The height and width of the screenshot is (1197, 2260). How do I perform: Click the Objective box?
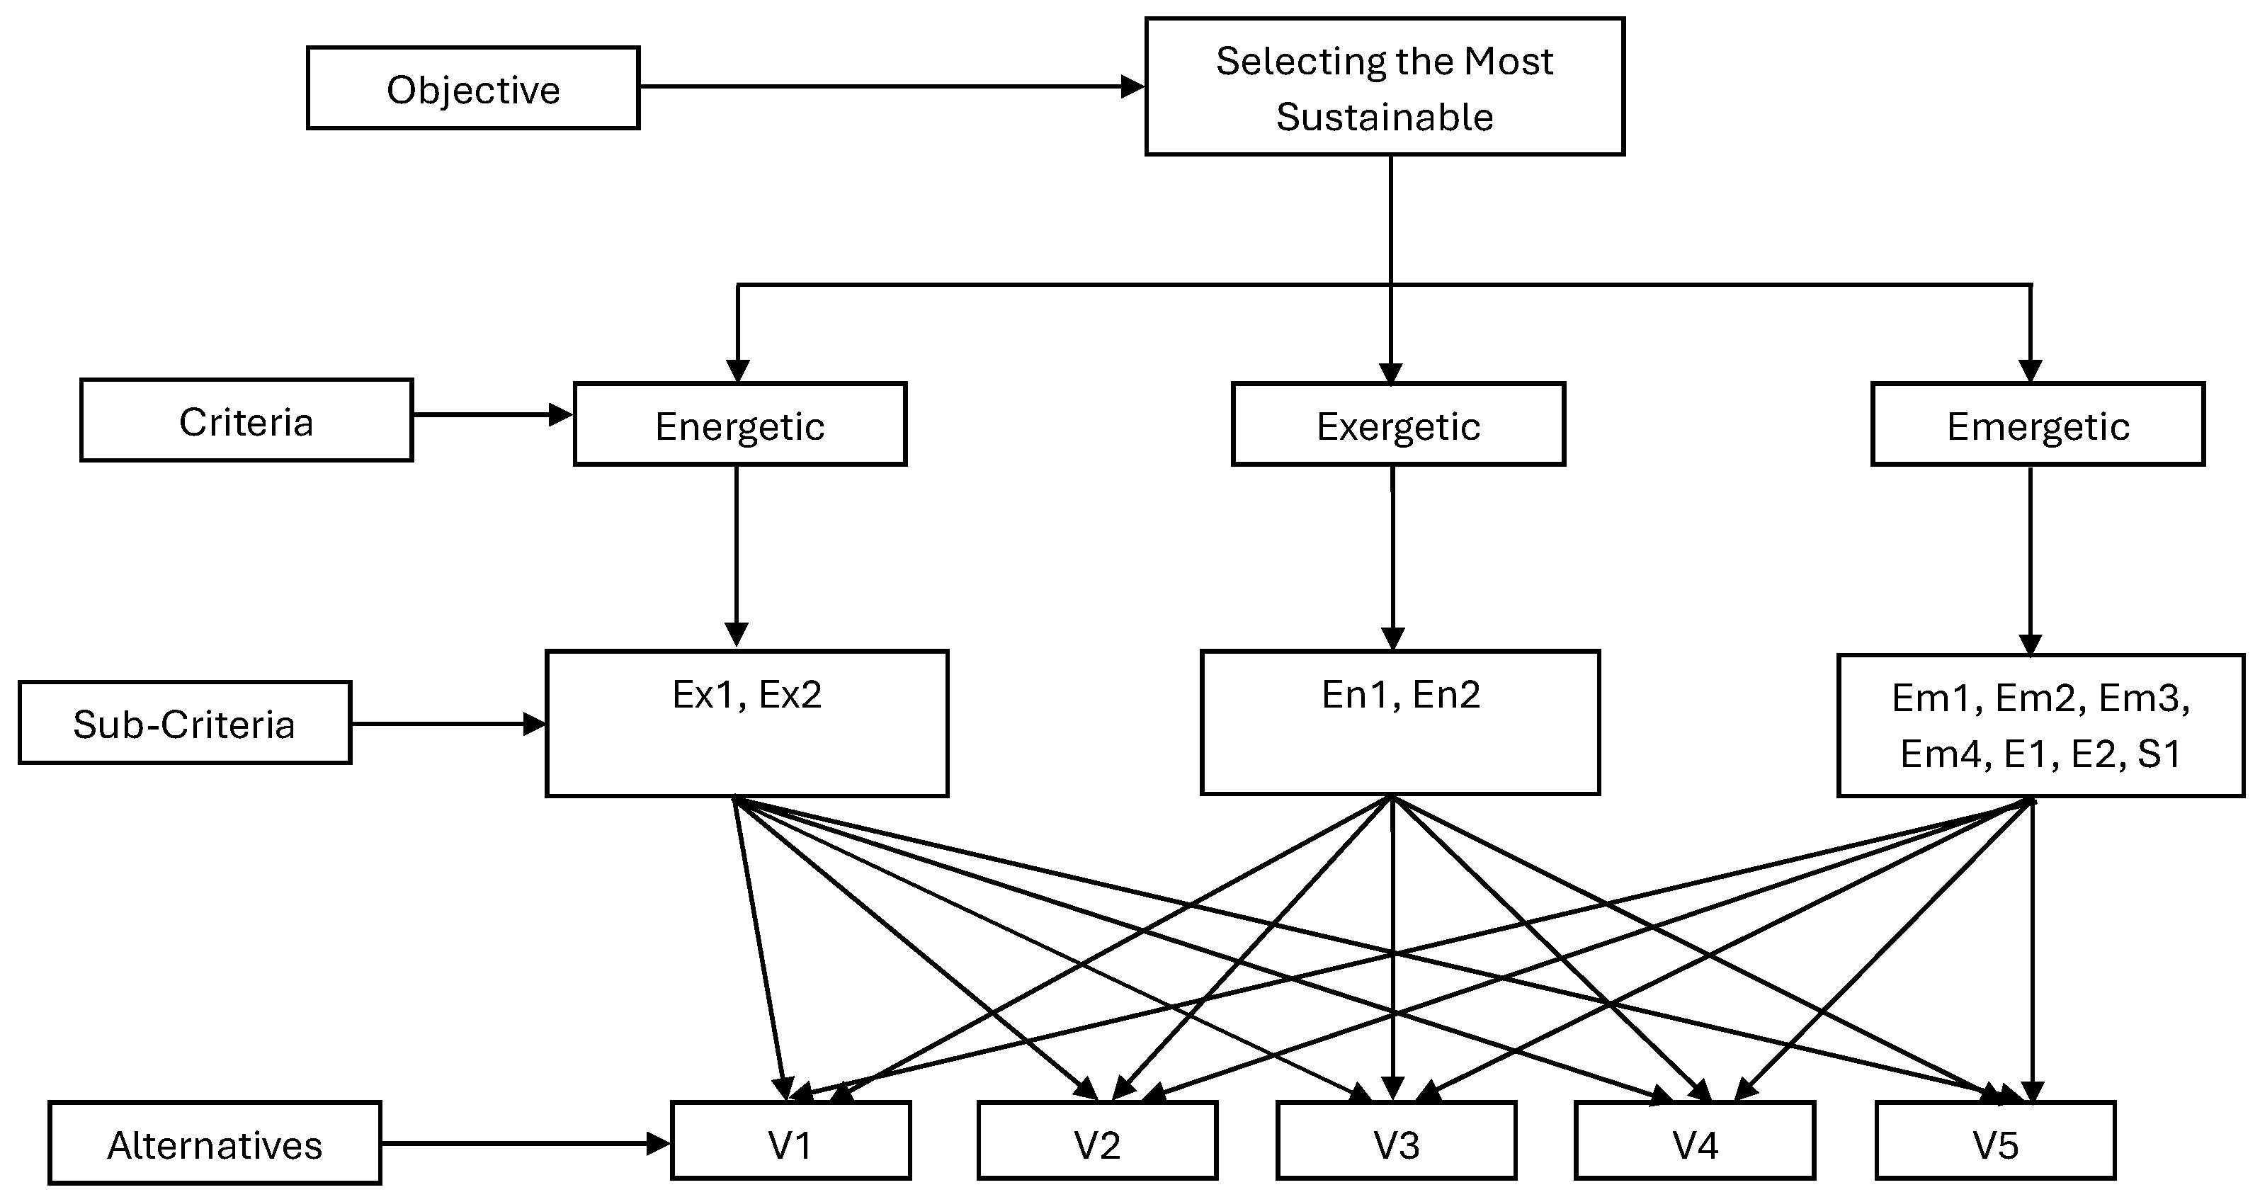[473, 88]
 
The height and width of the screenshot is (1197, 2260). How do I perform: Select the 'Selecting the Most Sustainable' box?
[1385, 87]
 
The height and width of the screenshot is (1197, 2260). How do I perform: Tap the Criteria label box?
[246, 420]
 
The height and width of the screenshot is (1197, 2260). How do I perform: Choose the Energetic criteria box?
[739, 424]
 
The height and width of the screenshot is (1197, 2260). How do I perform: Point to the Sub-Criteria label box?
[185, 722]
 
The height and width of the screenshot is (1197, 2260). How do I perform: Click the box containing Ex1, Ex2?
[746, 723]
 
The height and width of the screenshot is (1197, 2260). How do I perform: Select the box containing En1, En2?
[1400, 722]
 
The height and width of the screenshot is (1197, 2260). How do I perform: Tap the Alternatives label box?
[215, 1142]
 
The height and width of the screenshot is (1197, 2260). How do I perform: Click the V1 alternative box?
[790, 1140]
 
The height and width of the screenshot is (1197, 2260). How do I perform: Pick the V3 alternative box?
[1396, 1140]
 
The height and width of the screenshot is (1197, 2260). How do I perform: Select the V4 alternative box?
[1695, 1140]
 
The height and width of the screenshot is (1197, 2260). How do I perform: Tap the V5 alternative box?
[1995, 1140]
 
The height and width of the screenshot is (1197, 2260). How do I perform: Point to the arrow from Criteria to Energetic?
[493, 414]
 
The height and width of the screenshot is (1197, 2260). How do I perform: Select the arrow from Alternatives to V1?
[526, 1143]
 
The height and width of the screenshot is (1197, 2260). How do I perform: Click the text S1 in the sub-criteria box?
[2159, 754]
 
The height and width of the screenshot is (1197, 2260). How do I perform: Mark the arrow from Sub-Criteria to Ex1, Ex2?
[448, 724]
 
